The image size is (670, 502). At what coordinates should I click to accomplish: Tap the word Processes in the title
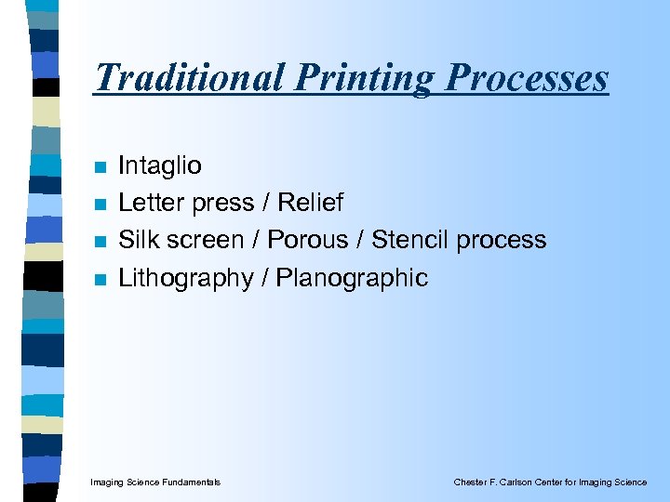coord(527,77)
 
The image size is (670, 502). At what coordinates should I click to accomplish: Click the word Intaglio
coord(159,166)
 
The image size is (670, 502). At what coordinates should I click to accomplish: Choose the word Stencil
coord(409,240)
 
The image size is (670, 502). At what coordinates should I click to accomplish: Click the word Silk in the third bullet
coord(136,240)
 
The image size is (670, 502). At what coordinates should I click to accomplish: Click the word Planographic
coord(351,278)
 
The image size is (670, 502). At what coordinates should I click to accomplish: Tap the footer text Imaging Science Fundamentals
coord(155,482)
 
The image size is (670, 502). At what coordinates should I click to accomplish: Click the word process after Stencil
coord(502,241)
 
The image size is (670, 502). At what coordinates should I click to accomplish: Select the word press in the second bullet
coord(221,204)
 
